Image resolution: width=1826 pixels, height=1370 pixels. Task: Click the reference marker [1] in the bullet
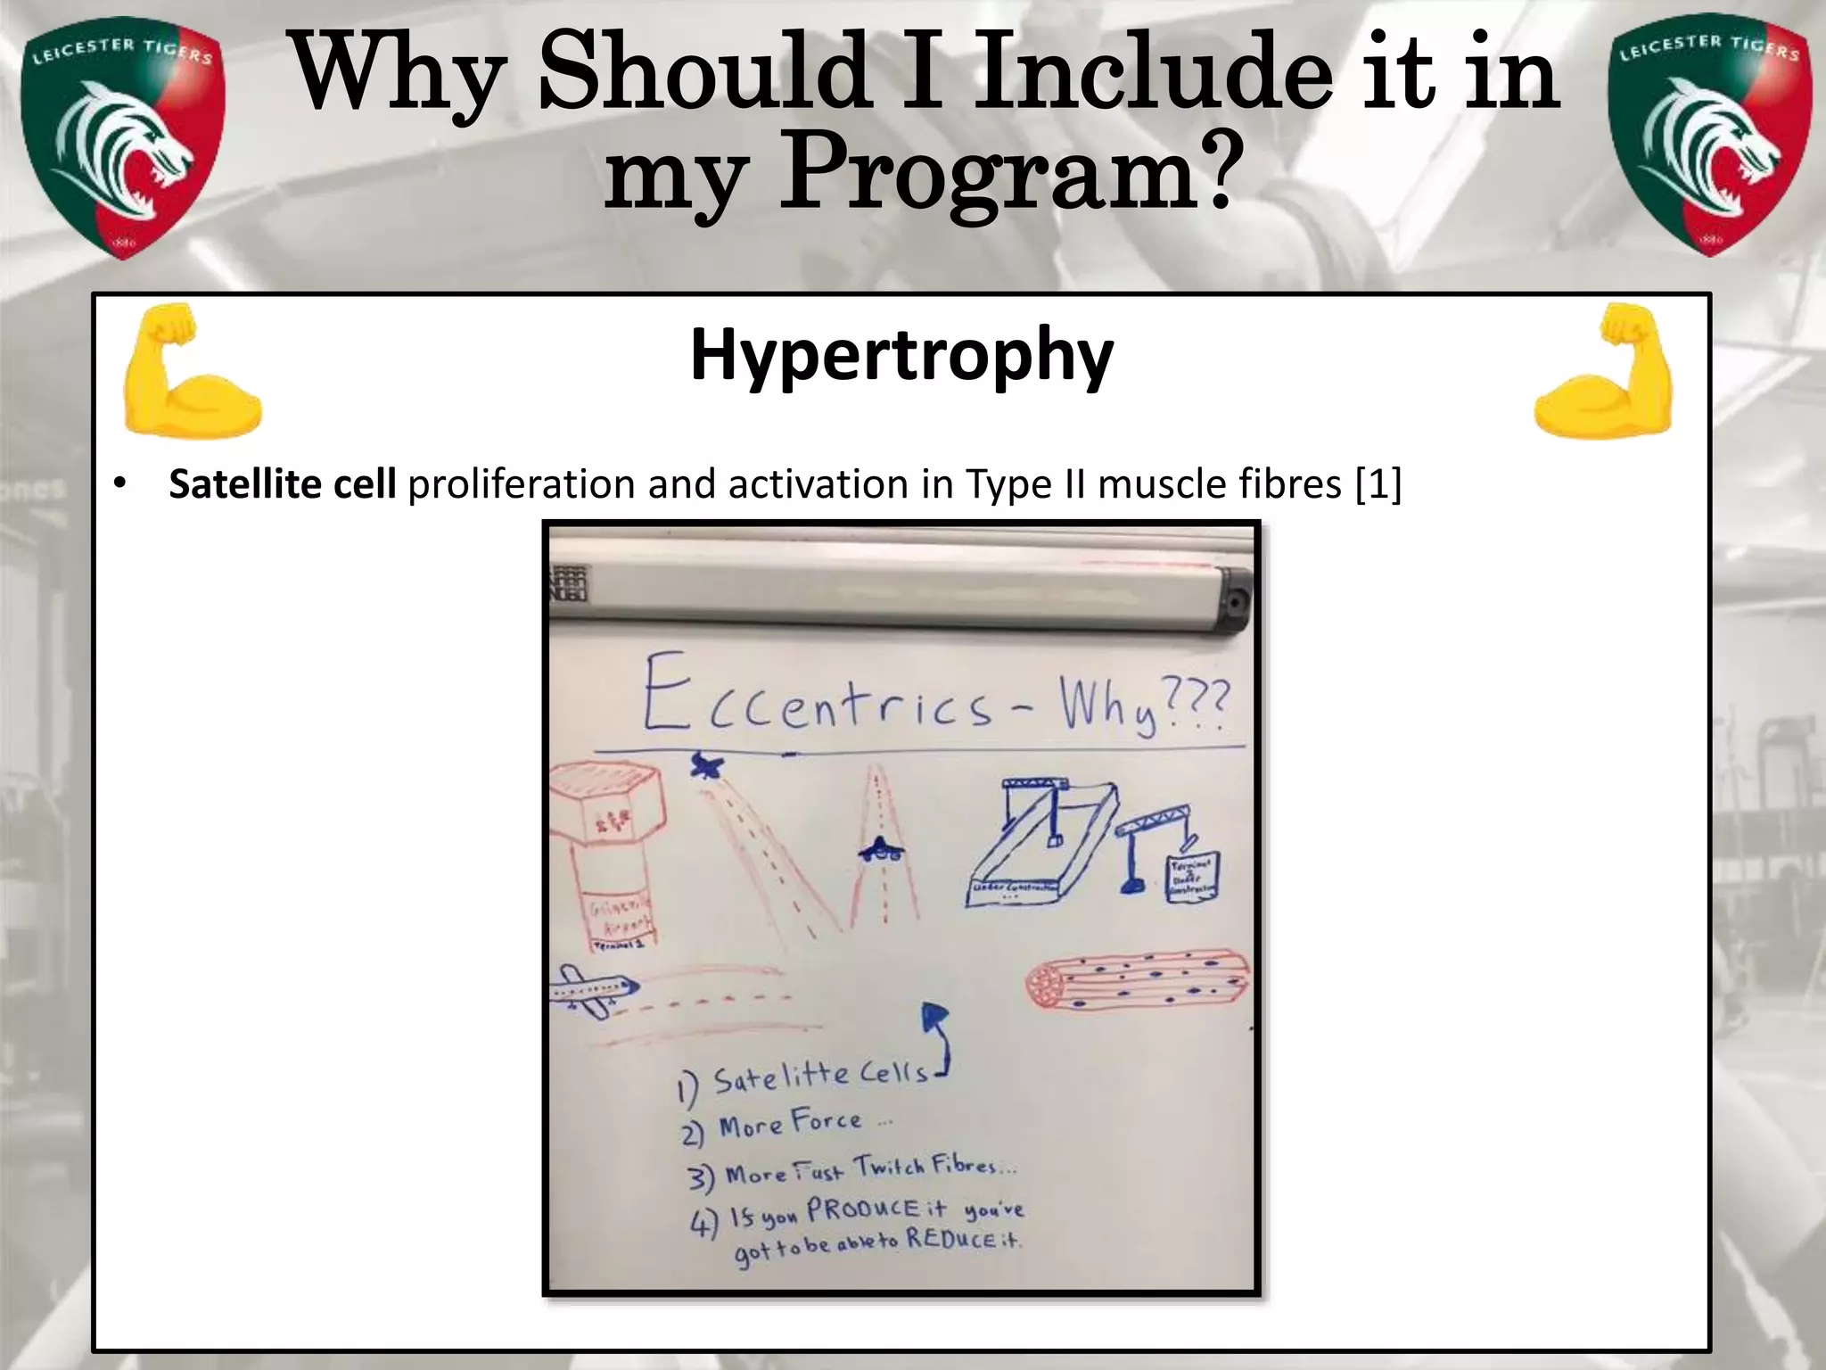tap(1378, 484)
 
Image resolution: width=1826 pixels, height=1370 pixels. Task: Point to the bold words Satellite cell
tap(283, 484)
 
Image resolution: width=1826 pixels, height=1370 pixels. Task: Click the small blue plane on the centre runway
tap(881, 851)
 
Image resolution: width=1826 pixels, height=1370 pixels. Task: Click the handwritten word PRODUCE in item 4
tap(863, 1210)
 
